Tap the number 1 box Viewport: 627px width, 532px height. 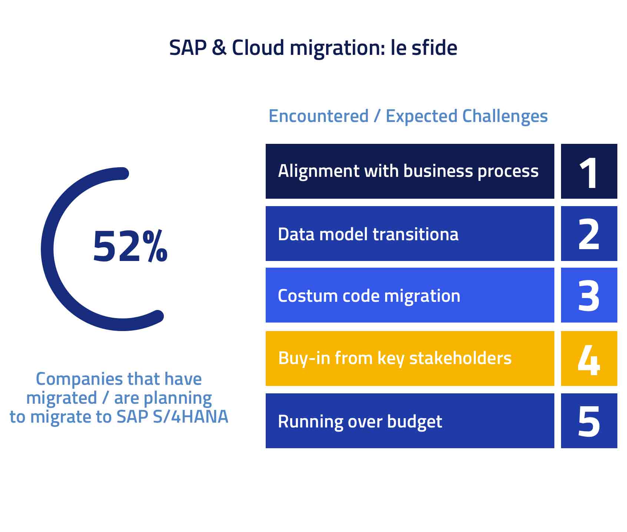[588, 172]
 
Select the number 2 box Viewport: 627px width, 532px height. [588, 234]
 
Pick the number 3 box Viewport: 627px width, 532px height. [588, 295]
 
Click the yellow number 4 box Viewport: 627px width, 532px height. [588, 358]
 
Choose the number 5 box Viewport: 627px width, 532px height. [588, 421]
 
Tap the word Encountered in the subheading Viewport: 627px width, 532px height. [318, 116]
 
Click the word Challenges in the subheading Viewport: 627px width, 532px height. [505, 116]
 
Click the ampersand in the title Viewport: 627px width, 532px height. [219, 48]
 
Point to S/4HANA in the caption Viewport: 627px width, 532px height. [190, 417]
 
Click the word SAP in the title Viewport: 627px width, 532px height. [188, 48]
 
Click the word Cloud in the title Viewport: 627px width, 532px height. [258, 48]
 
